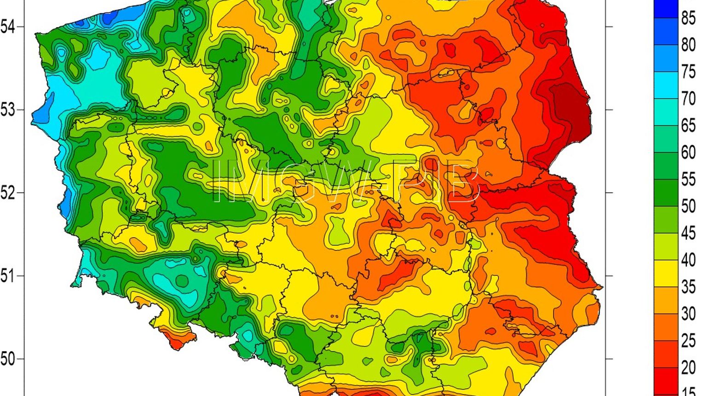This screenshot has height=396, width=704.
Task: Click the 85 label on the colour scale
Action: pos(688,18)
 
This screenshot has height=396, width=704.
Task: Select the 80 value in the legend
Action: pos(688,45)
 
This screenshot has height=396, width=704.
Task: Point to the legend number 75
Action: pos(688,72)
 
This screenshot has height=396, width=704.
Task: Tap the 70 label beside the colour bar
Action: pos(688,99)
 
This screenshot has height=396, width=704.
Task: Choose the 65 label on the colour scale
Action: pos(688,126)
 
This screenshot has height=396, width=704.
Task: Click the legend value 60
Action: pos(688,152)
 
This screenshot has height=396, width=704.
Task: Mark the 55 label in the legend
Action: pos(688,180)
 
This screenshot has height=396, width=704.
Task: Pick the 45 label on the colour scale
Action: pos(688,233)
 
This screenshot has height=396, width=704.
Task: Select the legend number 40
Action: pos(688,260)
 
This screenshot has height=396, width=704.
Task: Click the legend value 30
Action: pos(688,314)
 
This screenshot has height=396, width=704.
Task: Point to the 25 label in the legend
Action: pos(688,341)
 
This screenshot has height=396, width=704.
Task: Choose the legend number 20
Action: pos(688,368)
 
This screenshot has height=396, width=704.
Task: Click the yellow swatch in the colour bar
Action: pos(666,274)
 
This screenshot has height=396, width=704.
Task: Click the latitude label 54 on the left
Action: pos(7,27)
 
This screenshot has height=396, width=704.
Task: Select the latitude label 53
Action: pos(7,111)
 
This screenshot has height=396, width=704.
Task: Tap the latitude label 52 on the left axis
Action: pos(7,193)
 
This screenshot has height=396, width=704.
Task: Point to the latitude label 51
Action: pos(7,276)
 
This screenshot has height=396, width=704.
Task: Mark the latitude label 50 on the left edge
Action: pos(7,359)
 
